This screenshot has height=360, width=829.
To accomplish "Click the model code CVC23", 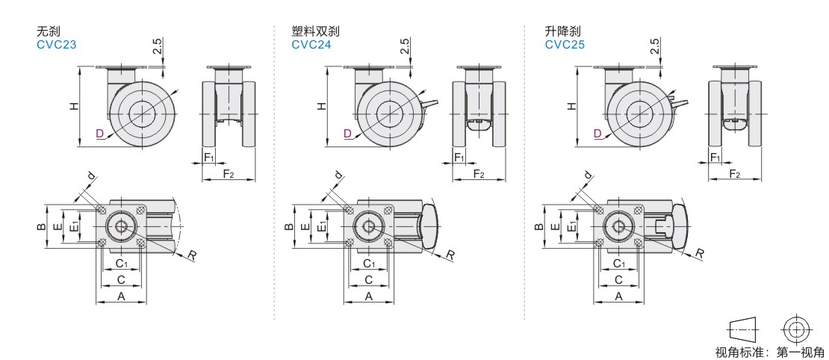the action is pos(57,45).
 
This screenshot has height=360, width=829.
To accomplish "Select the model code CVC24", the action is pos(311,45).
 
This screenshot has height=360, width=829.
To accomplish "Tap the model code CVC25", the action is pos(565,45).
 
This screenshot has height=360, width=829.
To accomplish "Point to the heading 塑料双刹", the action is pos(316,31).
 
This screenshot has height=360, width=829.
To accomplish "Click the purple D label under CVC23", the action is pos(99,134).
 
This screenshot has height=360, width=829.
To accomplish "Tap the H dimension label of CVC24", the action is pos(321,106).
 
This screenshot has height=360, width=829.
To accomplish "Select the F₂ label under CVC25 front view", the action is pos(734,173).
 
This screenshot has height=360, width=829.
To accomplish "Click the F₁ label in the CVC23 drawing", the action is pos(209,157).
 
